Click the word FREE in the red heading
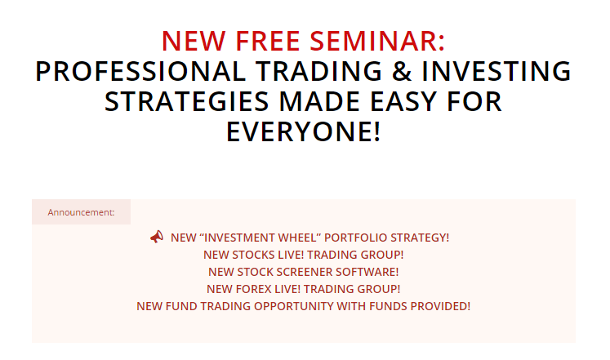click(x=267, y=41)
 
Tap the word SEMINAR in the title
click(x=377, y=41)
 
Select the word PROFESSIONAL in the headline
click(x=140, y=71)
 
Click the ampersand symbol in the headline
click(x=402, y=71)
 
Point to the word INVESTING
click(x=496, y=71)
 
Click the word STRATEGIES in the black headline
click(x=187, y=101)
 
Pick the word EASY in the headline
click(x=403, y=101)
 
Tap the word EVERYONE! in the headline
click(x=304, y=131)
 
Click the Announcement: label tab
click(x=82, y=212)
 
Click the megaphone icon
click(x=157, y=237)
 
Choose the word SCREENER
click(x=302, y=272)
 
